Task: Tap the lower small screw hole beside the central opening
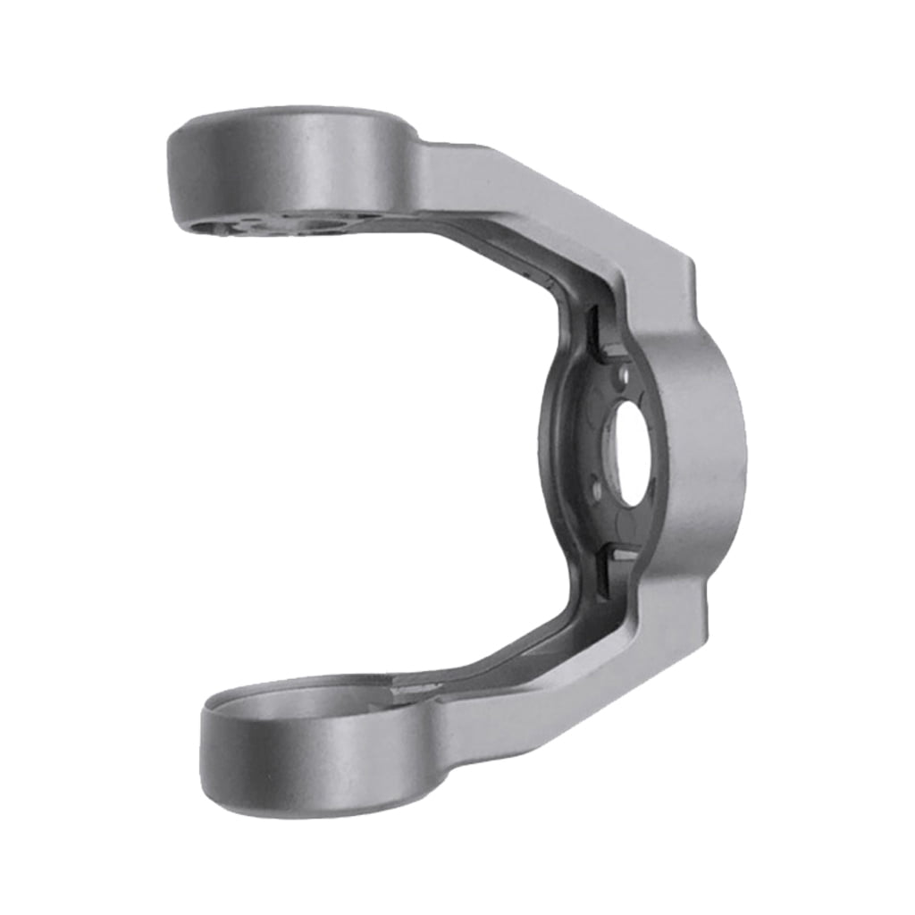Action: (x=597, y=487)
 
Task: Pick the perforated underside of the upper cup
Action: (x=268, y=223)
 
